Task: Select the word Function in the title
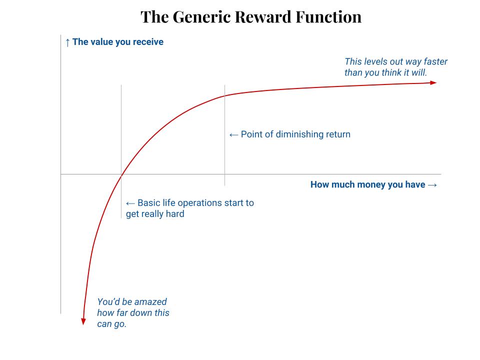[x=330, y=17]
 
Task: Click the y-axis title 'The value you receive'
[x=118, y=42]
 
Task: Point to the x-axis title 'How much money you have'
[x=367, y=184]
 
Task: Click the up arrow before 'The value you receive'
[x=67, y=42]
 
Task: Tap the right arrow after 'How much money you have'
[x=432, y=184]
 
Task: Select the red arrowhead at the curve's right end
[x=433, y=82]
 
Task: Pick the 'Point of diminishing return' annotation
[x=295, y=134]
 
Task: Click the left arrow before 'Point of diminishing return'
[x=233, y=134]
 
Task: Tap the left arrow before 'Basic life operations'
[x=130, y=203]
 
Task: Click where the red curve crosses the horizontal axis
[x=121, y=174]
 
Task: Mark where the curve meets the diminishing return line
[x=224, y=95]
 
